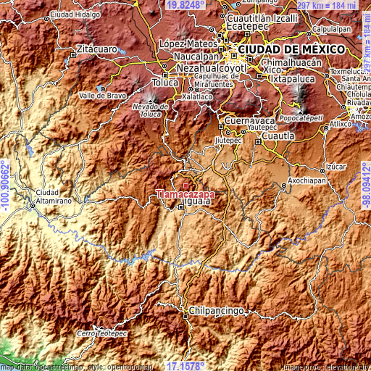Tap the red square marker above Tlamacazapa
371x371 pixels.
(x=185, y=185)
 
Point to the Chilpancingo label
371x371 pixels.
(x=215, y=310)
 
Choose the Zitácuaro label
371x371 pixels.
(x=94, y=49)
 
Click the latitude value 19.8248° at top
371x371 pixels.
(x=185, y=5)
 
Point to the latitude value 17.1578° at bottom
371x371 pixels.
(x=186, y=365)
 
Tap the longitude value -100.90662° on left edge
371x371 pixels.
(x=5, y=185)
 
